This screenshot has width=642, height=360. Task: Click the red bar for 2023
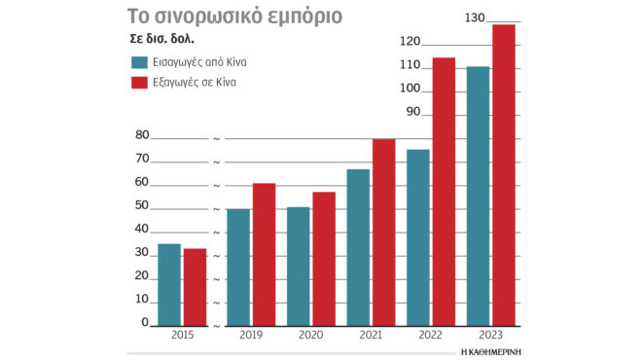(x=503, y=175)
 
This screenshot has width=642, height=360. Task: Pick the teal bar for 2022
(x=417, y=237)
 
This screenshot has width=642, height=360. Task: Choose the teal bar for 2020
(x=299, y=266)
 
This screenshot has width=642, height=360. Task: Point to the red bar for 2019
(x=264, y=254)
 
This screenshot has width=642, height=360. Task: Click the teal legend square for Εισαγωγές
(x=138, y=62)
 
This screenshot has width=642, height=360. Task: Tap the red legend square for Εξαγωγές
(x=138, y=83)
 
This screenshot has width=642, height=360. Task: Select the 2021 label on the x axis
(x=371, y=335)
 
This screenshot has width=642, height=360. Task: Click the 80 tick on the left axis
(x=142, y=136)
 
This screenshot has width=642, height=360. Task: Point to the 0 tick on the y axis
(x=145, y=323)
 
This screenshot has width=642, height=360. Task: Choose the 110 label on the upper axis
(x=410, y=65)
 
